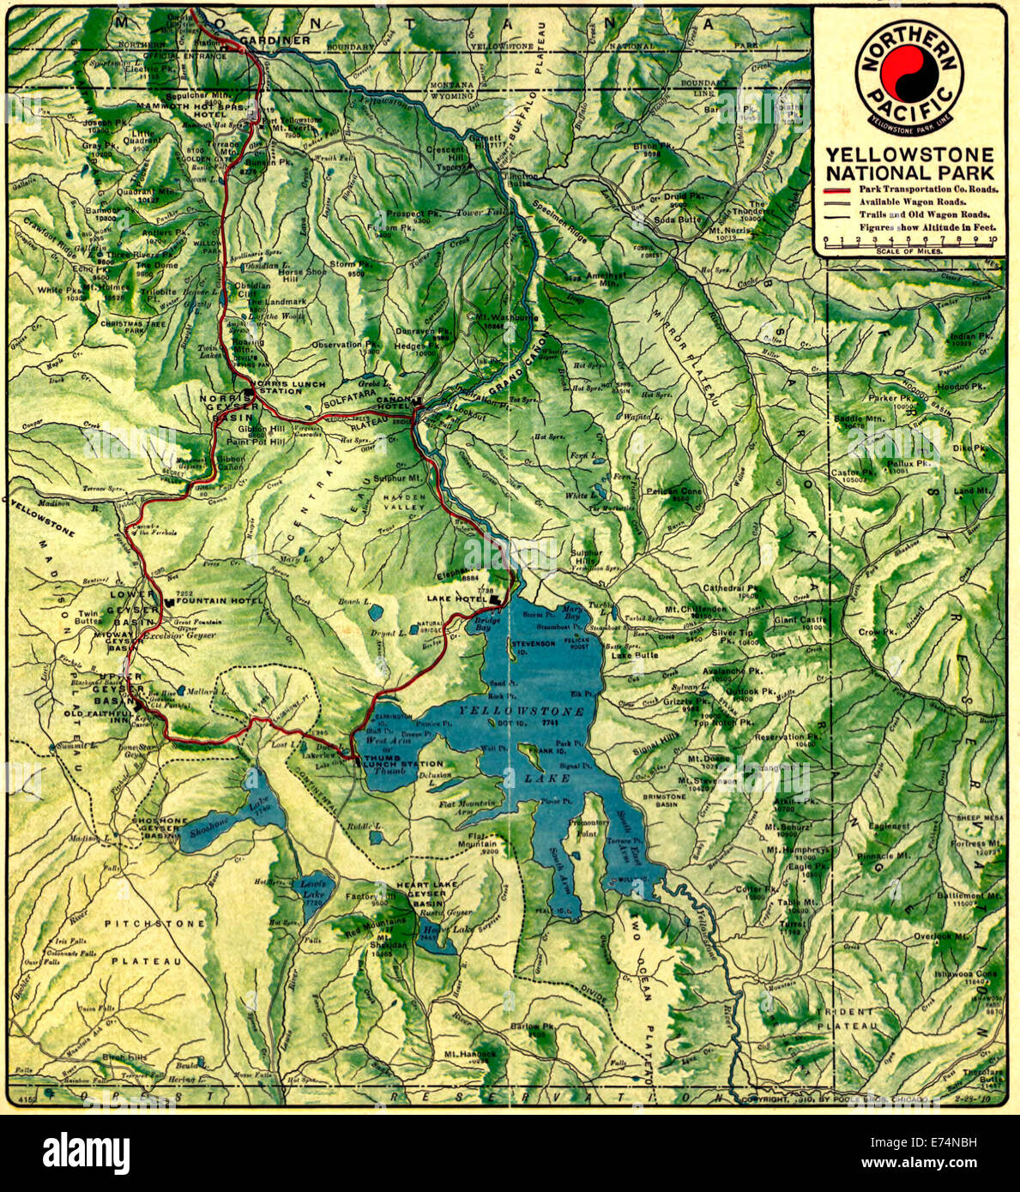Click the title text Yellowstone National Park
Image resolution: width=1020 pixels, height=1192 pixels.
click(x=909, y=163)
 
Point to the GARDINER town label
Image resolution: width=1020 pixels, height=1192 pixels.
click(x=275, y=40)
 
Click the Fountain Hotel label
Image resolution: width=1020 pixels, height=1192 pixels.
click(x=219, y=600)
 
